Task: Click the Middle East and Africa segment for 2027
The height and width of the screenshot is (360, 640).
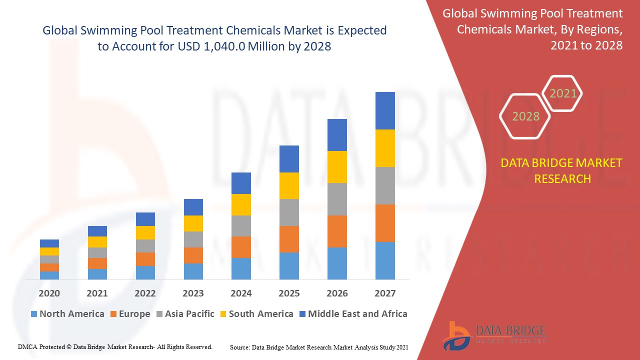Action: [385, 110]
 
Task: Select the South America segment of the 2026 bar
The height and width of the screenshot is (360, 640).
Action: [337, 166]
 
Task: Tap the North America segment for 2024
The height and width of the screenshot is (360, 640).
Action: [241, 268]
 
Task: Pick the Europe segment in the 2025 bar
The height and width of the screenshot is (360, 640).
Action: [289, 239]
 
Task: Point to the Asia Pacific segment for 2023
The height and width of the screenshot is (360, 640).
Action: [193, 239]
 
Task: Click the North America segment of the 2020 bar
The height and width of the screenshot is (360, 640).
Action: [49, 275]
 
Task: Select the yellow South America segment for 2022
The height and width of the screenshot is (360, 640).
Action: [145, 232]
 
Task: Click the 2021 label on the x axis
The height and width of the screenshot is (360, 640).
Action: [97, 293]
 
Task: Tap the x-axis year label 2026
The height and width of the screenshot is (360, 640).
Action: [337, 293]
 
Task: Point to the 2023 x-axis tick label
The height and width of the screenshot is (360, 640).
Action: [193, 293]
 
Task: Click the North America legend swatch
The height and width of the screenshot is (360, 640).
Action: [34, 314]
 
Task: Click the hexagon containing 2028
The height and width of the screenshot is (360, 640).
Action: [525, 116]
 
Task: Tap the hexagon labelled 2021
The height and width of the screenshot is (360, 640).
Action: [563, 93]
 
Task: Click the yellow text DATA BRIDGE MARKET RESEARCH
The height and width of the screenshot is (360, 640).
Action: [562, 170]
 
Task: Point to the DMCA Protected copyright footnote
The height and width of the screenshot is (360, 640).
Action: [115, 346]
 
